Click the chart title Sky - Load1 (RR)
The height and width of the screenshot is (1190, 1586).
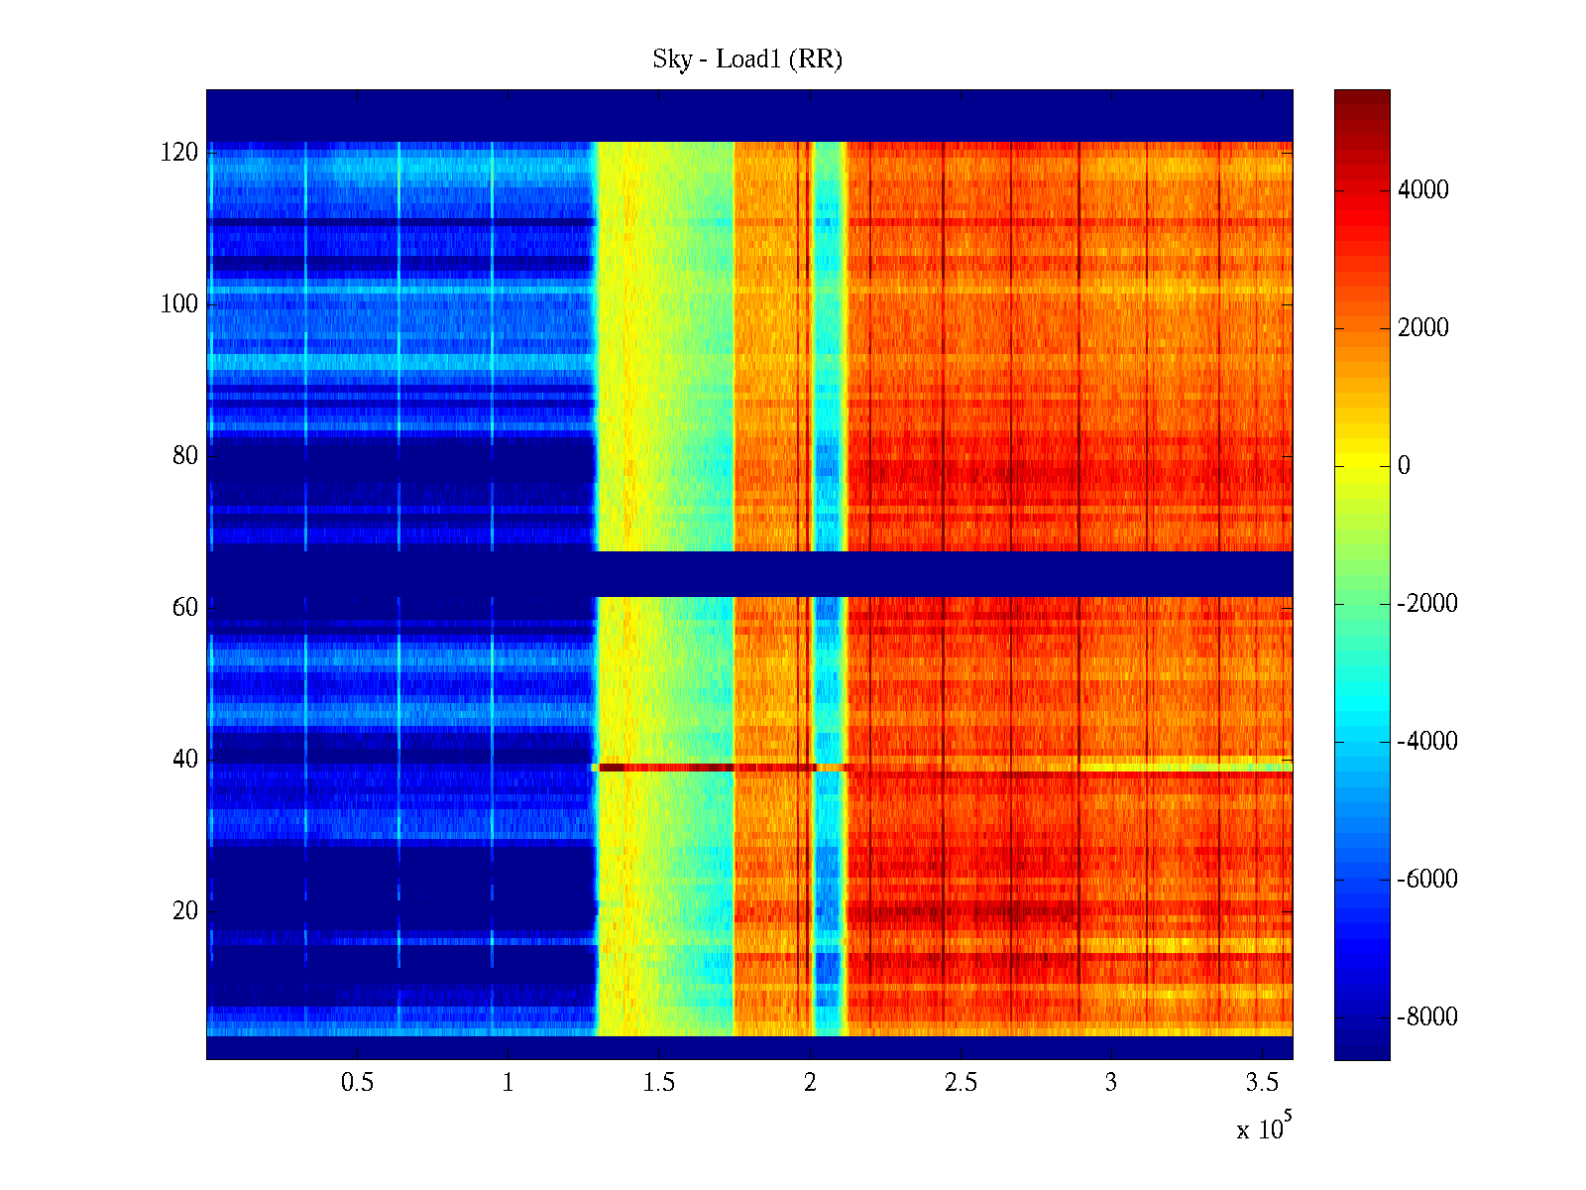tap(747, 59)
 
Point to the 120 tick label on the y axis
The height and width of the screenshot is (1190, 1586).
tap(179, 153)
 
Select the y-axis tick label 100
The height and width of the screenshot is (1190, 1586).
tap(179, 304)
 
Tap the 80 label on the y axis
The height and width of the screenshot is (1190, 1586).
tap(185, 456)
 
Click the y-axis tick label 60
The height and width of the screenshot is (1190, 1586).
tap(185, 608)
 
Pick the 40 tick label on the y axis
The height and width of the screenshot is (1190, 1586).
tap(185, 760)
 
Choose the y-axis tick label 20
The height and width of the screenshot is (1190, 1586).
tap(185, 911)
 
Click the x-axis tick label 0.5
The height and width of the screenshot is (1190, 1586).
tap(357, 1083)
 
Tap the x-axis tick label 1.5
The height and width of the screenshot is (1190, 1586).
tap(659, 1083)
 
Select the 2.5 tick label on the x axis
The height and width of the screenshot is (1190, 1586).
tap(961, 1083)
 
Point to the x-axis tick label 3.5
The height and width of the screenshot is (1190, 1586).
tap(1262, 1083)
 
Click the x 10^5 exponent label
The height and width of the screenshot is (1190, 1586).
tap(1264, 1128)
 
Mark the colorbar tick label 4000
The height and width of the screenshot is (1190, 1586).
tap(1422, 190)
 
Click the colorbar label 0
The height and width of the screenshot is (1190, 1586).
tap(1404, 466)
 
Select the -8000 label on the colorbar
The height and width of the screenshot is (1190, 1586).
tap(1427, 1017)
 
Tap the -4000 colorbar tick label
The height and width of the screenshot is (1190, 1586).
tap(1427, 742)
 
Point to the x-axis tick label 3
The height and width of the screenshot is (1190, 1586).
tap(1111, 1083)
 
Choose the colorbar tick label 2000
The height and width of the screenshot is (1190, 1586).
tap(1422, 328)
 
